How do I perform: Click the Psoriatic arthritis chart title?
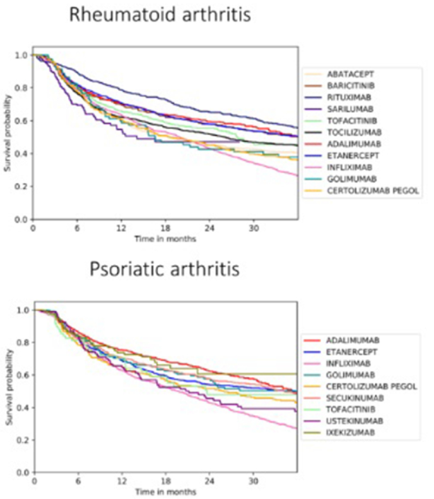click(x=164, y=268)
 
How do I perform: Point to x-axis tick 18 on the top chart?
click(x=166, y=228)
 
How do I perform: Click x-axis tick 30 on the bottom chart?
click(x=254, y=481)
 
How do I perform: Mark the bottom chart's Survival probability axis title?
click(x=8, y=391)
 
